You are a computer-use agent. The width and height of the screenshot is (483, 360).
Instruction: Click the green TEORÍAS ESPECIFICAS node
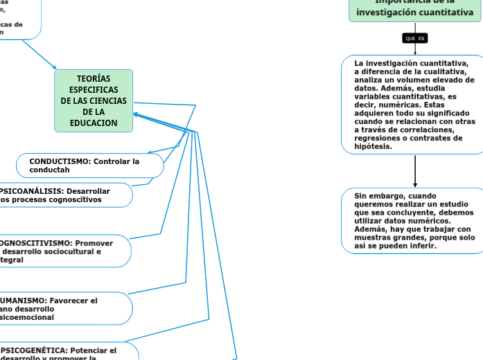point(94,100)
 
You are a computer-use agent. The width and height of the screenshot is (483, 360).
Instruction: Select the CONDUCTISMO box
point(90,165)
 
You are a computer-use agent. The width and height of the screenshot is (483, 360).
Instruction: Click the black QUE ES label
point(414,38)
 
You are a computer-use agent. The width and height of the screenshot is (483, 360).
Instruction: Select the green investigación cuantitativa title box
point(414,10)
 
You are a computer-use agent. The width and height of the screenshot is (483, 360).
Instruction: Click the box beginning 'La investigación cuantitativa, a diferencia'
point(414,105)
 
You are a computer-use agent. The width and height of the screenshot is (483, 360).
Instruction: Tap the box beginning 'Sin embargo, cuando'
point(414,221)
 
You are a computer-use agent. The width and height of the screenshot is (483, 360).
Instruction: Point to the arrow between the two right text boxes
point(415,170)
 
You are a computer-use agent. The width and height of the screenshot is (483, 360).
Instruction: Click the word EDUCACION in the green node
point(94,123)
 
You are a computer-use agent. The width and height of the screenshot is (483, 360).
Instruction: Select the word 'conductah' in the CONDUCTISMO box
point(49,170)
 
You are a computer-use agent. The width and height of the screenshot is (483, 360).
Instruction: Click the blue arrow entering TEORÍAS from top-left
point(40,55)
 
